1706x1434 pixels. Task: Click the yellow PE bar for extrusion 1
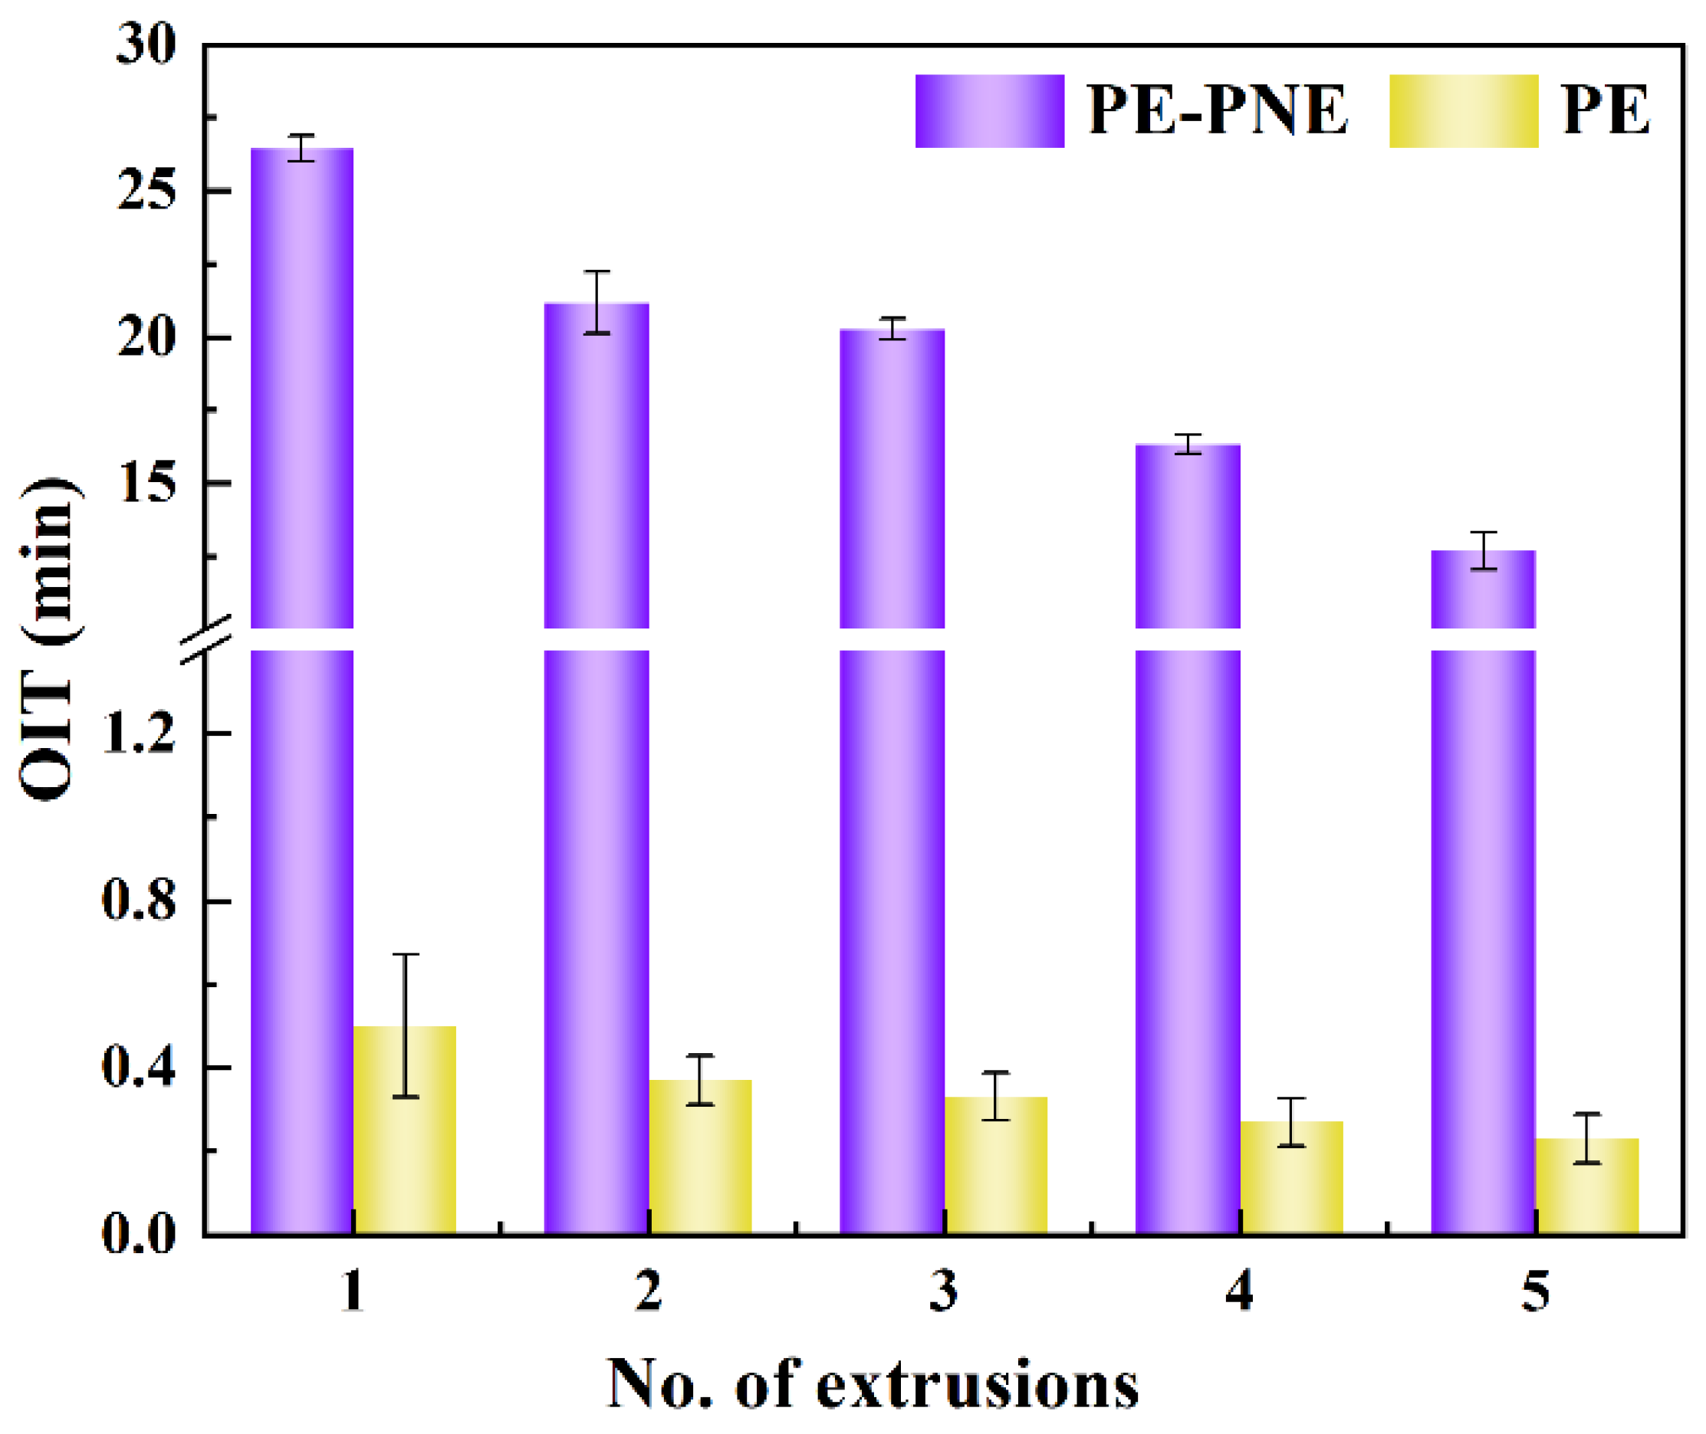pos(405,1130)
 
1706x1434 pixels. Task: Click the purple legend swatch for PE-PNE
pos(990,111)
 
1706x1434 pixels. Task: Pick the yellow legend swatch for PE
pos(1464,111)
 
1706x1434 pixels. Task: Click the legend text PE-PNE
pos(1218,111)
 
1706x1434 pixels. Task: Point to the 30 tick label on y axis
pos(146,44)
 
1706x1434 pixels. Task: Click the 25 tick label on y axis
pos(146,192)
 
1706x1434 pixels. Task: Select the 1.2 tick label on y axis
pos(138,734)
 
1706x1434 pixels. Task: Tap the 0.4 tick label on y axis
pos(138,1068)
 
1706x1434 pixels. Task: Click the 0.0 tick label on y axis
pos(138,1234)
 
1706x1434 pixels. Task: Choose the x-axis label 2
pos(648,1291)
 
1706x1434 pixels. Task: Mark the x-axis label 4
pos(1238,1291)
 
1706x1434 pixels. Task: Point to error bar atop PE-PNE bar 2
pos(597,303)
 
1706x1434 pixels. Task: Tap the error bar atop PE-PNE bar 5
pos(1483,550)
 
